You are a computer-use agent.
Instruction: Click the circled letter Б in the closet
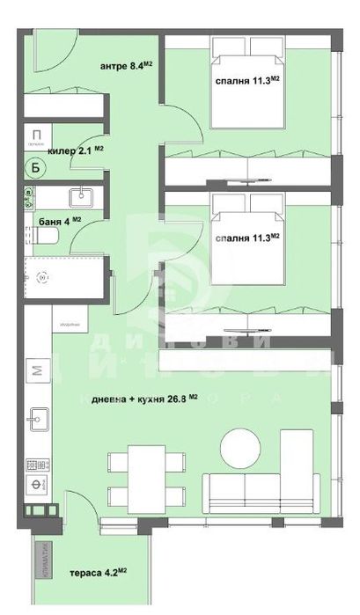tap(36, 167)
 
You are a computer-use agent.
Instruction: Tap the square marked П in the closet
tap(36, 134)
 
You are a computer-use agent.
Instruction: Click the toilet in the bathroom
tap(48, 237)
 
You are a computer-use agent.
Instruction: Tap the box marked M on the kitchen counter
tap(37, 370)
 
